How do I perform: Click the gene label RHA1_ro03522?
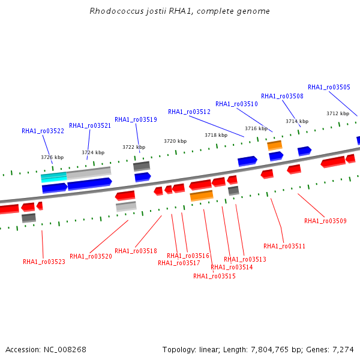coord(43,131)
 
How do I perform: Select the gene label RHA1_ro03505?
coord(329,87)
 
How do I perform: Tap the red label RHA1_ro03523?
coord(44,262)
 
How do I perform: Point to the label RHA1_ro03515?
coord(214,276)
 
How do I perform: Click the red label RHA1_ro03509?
coord(325,221)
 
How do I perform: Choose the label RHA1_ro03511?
coord(284,246)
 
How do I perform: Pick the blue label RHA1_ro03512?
coord(189,112)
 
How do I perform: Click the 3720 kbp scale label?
coord(175,141)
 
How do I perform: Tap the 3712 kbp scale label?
coord(338,113)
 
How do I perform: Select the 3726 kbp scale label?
coord(52,157)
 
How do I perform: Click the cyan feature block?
coord(54,177)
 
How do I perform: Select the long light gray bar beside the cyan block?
coord(89,173)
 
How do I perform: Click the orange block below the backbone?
coord(202,196)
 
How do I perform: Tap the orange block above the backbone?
coord(275,146)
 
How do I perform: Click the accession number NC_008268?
coord(65,350)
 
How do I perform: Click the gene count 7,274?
coord(343,350)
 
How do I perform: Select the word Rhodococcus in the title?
coord(116,11)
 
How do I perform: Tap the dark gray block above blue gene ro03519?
coord(142,166)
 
